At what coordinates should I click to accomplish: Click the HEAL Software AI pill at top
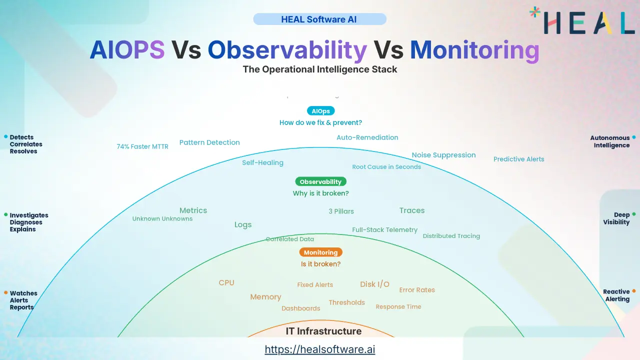319,19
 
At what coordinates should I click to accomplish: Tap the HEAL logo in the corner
582,21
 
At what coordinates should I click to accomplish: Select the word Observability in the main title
287,50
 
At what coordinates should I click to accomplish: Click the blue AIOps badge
320,111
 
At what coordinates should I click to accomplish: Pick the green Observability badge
320,182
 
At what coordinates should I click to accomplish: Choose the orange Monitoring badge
320,252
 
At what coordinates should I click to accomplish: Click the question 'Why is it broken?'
320,193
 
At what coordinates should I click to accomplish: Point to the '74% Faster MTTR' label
142,147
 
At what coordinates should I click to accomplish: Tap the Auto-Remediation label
367,137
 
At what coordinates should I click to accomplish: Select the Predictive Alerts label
518,159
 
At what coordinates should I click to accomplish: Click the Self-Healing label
262,162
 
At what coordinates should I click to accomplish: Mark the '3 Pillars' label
341,211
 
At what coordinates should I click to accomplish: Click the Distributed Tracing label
451,236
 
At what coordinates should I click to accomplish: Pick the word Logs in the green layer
243,225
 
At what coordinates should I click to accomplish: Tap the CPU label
226,283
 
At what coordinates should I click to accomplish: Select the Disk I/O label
374,284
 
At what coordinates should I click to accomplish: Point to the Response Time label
398,307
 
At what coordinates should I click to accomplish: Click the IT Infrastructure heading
323,331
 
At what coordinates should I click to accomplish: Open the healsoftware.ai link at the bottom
319,349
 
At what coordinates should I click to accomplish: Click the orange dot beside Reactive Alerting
634,291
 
